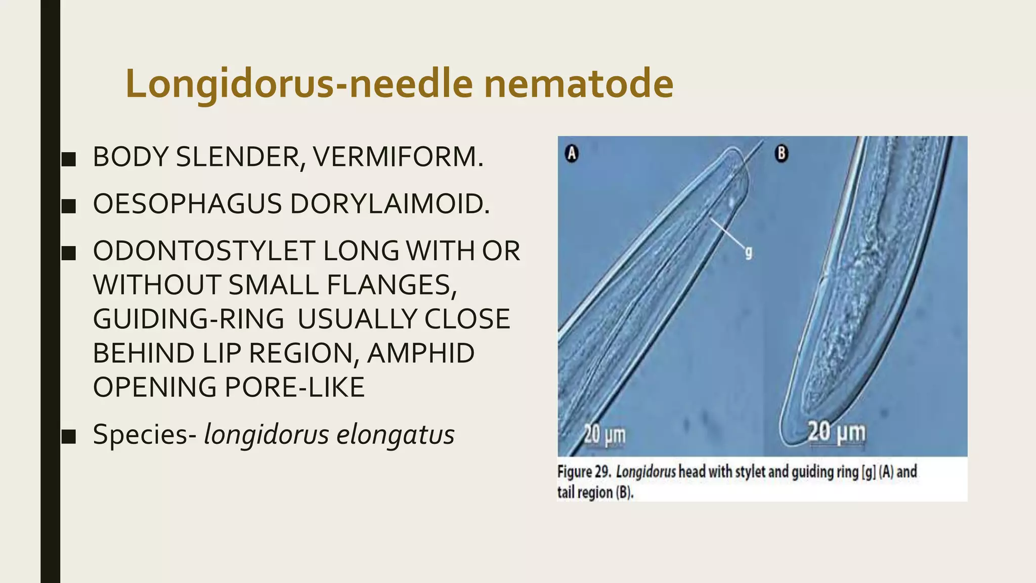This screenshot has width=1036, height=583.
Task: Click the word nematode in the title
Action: point(579,84)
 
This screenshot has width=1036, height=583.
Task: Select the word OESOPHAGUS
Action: point(187,204)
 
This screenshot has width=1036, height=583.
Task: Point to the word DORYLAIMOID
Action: point(390,204)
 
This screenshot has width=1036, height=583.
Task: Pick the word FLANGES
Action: point(392,285)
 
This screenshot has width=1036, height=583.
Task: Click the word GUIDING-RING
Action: point(189,319)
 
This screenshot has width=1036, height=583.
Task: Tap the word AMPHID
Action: point(420,353)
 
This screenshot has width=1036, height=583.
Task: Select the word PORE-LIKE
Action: point(294,387)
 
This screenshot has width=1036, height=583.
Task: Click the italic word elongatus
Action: point(395,434)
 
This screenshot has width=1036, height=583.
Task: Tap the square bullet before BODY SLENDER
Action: point(68,159)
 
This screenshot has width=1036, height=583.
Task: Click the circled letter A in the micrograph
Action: point(572,153)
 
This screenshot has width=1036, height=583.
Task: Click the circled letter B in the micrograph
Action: point(782,153)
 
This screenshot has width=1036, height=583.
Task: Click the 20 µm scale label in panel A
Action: point(605,434)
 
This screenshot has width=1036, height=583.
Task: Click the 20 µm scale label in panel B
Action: point(837,432)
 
